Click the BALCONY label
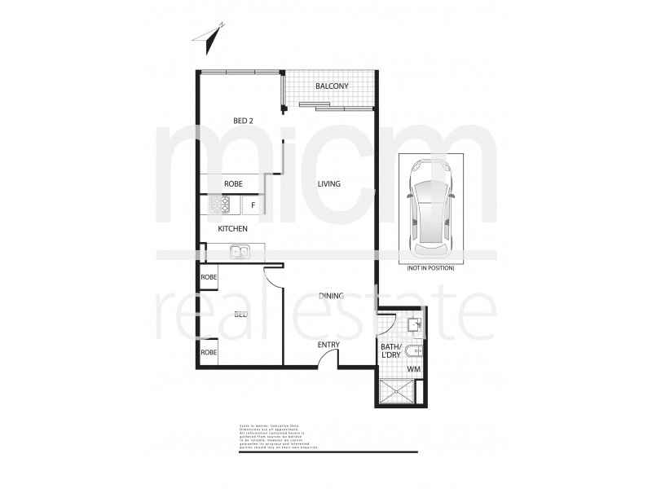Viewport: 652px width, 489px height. pyautogui.click(x=332, y=86)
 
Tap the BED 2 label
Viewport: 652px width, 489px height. pyautogui.click(x=243, y=121)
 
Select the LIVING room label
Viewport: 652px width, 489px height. pyautogui.click(x=329, y=184)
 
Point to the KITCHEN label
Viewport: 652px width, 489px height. pyautogui.click(x=232, y=229)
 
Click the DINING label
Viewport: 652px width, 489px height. pyautogui.click(x=331, y=296)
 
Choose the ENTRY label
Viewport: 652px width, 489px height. pyautogui.click(x=328, y=345)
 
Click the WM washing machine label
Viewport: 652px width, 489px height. pyautogui.click(x=413, y=370)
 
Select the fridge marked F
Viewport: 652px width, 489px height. pyautogui.click(x=253, y=205)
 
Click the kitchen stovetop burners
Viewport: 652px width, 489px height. pyautogui.click(x=221, y=204)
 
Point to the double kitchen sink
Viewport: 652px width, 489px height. pyautogui.click(x=239, y=252)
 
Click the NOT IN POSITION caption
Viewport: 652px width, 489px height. pyautogui.click(x=430, y=267)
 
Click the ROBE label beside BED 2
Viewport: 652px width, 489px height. pyautogui.click(x=232, y=184)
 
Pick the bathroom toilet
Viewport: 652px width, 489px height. pyautogui.click(x=415, y=352)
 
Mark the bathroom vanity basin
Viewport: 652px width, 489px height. pyautogui.click(x=415, y=324)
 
